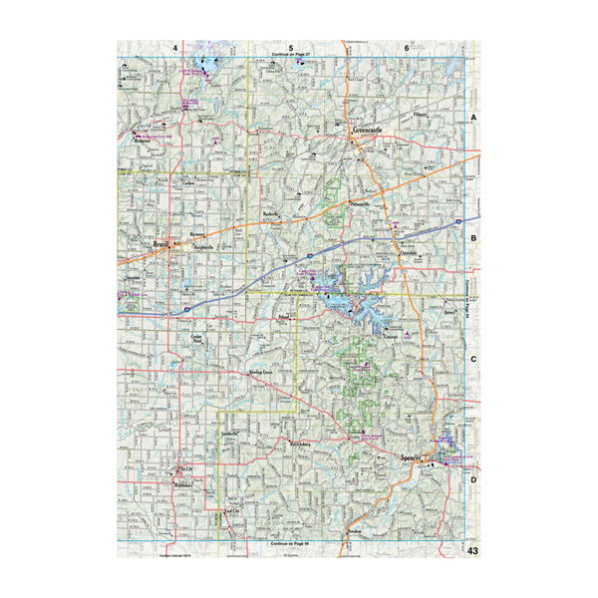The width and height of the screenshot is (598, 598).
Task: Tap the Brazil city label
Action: pos(158,245)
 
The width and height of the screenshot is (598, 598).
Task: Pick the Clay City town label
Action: pos(182,466)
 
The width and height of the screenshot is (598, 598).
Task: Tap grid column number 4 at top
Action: pos(175,48)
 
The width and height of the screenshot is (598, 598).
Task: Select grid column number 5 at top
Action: pos(291,48)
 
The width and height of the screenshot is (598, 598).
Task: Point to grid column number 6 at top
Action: pos(407,48)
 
